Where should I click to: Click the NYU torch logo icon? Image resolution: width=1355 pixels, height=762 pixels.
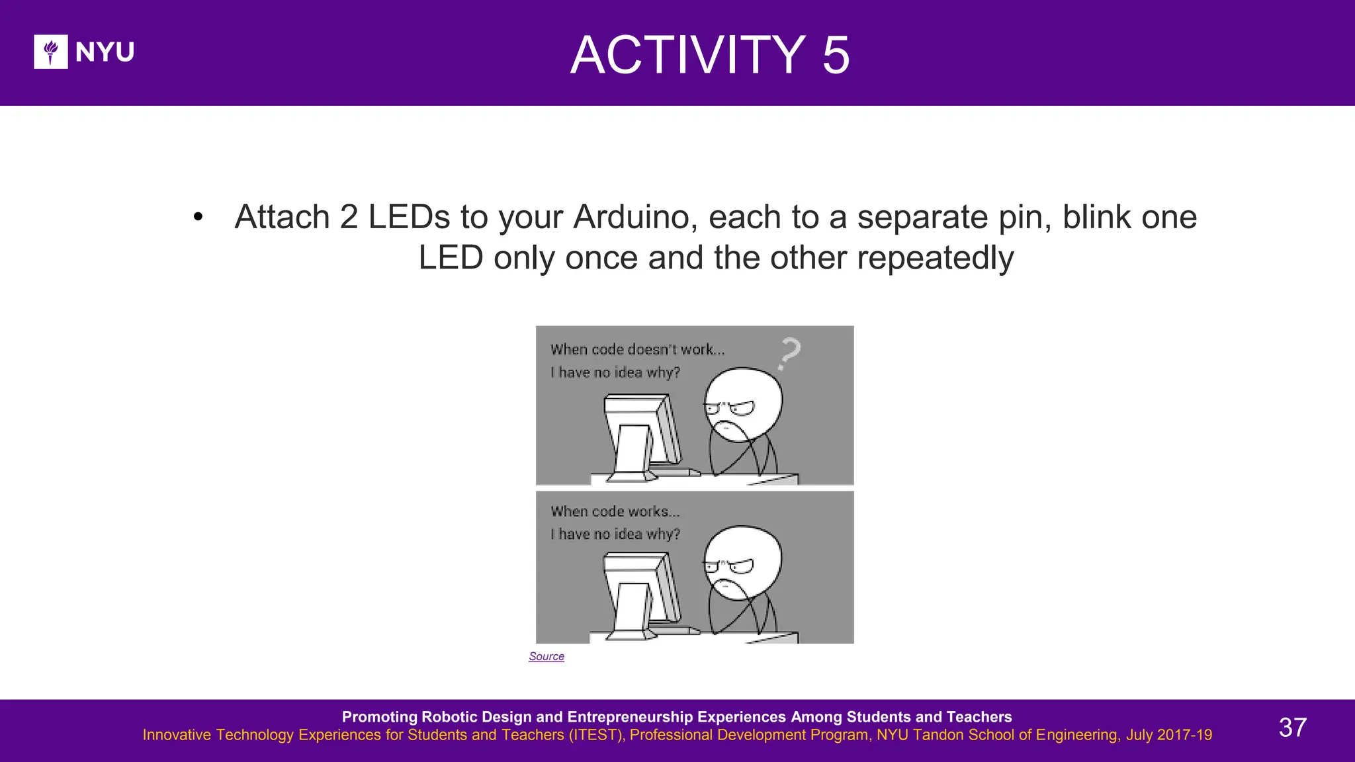(51, 52)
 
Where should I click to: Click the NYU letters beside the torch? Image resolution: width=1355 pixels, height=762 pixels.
(105, 52)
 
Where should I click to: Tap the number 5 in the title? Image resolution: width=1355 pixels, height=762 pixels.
(836, 55)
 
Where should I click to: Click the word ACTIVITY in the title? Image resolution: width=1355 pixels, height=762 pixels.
(687, 55)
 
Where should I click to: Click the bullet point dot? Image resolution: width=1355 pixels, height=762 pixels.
(198, 217)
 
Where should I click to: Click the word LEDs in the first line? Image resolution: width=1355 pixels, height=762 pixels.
(409, 217)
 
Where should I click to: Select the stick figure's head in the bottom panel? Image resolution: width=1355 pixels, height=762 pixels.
(743, 562)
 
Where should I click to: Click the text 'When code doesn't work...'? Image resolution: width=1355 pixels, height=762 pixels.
(637, 349)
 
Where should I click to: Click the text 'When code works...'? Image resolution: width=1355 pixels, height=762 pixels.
(615, 511)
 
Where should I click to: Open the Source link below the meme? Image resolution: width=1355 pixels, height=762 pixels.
(546, 656)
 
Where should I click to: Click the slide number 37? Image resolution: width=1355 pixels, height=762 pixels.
(1292, 728)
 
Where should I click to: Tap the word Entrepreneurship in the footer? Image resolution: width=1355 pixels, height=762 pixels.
(676, 717)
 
